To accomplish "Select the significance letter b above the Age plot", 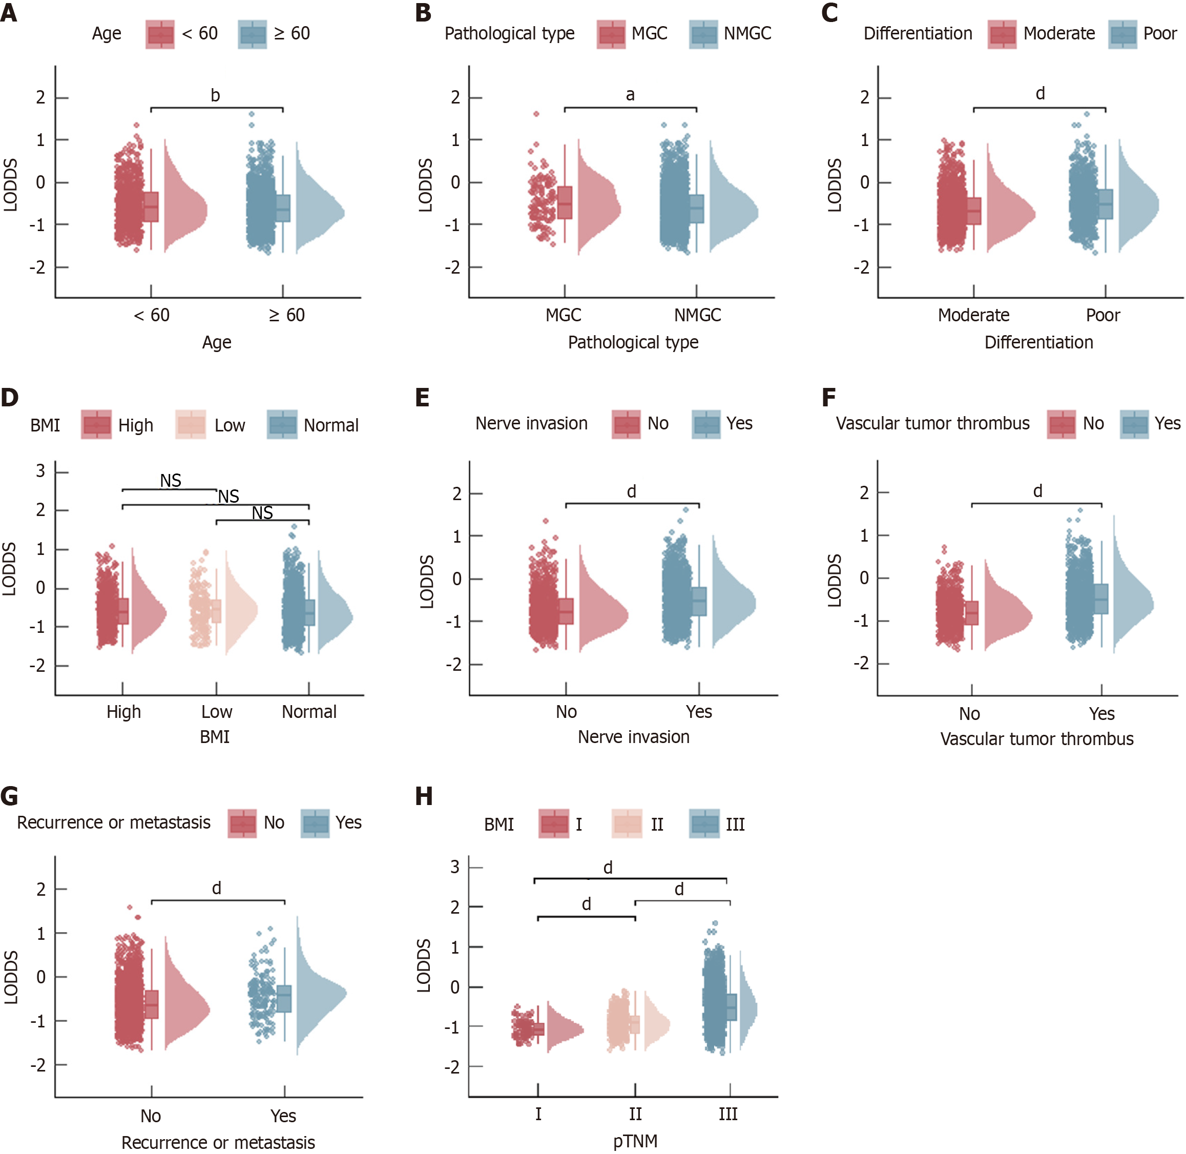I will click(x=215, y=95).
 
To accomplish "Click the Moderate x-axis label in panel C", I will click(x=973, y=315).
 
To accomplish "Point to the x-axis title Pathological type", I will click(x=633, y=342).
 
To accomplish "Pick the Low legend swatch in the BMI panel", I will click(x=190, y=425).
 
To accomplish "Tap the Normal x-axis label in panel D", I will click(x=309, y=712).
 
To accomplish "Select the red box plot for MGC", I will click(x=565, y=203).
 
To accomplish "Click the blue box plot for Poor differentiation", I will click(x=1106, y=204).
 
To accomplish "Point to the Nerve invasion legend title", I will click(x=531, y=423).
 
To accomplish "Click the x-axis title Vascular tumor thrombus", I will click(x=1036, y=739).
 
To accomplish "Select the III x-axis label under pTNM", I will click(x=728, y=1114).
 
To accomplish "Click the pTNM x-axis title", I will click(x=635, y=1141).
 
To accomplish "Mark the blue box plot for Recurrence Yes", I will click(x=284, y=999).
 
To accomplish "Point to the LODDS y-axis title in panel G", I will click(x=11, y=977).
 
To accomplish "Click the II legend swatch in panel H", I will click(x=627, y=825).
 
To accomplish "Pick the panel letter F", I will click(x=828, y=398).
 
